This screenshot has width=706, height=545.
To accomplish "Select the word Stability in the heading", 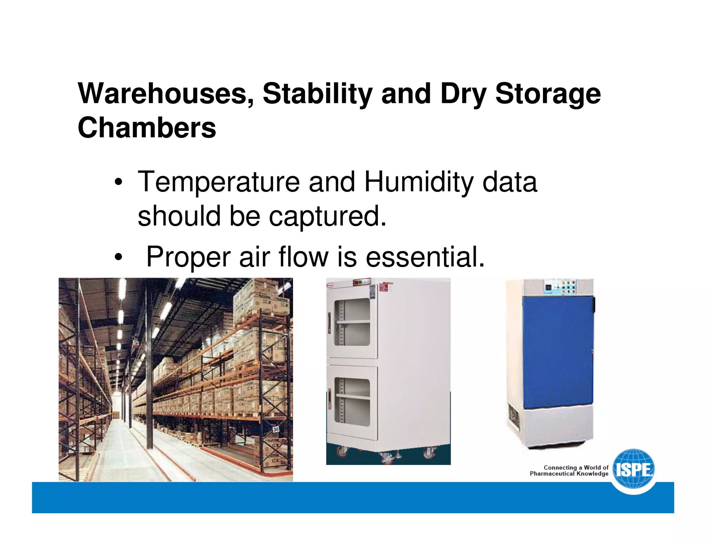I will point(317,94).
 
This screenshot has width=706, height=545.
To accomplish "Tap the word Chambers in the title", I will point(147,128).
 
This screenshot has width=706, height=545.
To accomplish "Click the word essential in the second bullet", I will point(425,257).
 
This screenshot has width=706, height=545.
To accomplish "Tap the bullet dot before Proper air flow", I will point(118,258).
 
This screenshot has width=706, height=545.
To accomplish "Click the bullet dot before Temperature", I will point(118,183).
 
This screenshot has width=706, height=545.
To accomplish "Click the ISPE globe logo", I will point(634,470).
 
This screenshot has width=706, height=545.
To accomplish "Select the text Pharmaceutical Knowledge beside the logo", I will point(569,474).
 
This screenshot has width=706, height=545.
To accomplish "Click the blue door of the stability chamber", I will point(557,351).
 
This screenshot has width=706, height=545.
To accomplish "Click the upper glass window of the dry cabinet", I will point(352,322).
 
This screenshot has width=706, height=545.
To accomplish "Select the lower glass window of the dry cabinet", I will point(352,402).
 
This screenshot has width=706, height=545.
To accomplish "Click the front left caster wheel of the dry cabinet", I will point(342,452).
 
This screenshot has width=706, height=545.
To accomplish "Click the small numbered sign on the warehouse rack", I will point(276,429).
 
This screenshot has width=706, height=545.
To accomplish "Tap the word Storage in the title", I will point(548,94).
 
